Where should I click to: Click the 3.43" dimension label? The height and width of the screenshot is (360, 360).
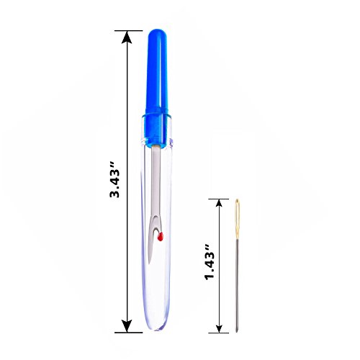point(114,179)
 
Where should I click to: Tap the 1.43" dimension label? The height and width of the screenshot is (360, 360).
point(210,262)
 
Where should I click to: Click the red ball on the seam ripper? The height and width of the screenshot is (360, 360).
point(160,237)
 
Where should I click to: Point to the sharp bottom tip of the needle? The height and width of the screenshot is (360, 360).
point(237,332)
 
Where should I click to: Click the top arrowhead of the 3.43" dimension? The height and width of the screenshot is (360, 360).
point(127,37)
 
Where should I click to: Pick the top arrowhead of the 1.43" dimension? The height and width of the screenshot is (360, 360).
point(219,203)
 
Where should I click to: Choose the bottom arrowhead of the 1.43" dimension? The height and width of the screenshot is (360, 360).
point(219,329)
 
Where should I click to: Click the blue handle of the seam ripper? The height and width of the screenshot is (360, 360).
point(157,89)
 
